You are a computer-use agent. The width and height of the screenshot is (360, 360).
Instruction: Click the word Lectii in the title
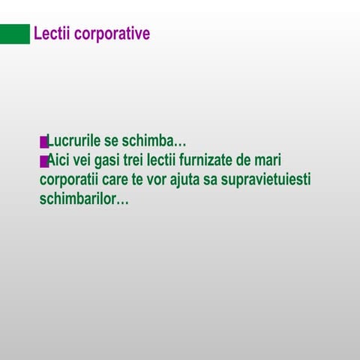(51, 34)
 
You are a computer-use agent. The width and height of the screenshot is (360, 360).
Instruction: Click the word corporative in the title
(111, 34)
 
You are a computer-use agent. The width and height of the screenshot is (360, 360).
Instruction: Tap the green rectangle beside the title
(14, 34)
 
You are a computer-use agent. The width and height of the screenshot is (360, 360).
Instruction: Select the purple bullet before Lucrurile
(43, 142)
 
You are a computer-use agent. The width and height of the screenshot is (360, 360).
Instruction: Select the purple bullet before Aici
(43, 161)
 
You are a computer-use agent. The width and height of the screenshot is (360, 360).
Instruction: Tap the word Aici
(61, 160)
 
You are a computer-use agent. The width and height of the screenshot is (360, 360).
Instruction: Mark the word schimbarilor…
(84, 200)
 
